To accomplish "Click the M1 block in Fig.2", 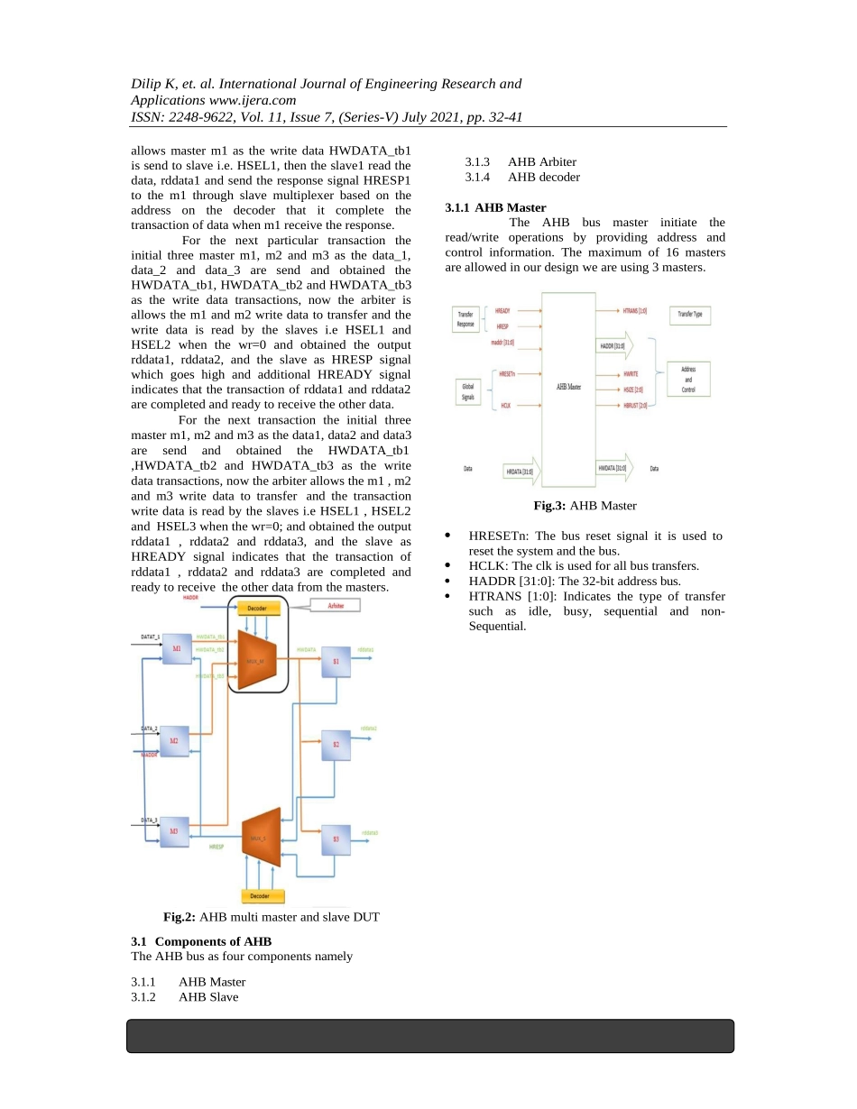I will (x=176, y=650).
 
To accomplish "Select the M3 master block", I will (x=175, y=832).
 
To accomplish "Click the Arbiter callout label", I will (x=335, y=607).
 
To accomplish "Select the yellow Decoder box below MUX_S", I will (x=263, y=896).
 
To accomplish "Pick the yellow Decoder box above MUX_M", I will (x=257, y=609).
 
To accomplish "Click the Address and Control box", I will (x=688, y=380).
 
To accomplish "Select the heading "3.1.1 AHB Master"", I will (x=495, y=207).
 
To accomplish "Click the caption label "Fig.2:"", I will (x=179, y=917).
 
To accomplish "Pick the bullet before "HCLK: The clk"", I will (x=449, y=566).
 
